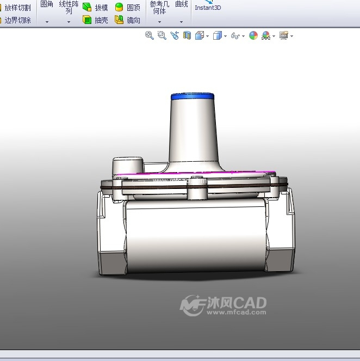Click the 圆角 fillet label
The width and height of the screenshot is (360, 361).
[47, 4]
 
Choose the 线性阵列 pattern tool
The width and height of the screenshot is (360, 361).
[69, 7]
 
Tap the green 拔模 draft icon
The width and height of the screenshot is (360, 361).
[87, 8]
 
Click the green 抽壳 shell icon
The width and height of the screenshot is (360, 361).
[87, 20]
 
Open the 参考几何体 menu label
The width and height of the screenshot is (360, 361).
[159, 7]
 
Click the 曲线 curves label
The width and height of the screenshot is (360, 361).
[181, 4]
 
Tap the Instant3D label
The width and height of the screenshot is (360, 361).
[208, 8]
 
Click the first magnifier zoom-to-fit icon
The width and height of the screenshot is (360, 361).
[149, 35]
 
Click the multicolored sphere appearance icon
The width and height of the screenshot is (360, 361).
[253, 36]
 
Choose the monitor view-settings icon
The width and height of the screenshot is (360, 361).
[283, 36]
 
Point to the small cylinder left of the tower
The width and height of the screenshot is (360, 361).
[128, 165]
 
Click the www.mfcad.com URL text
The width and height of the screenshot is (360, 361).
[236, 313]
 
